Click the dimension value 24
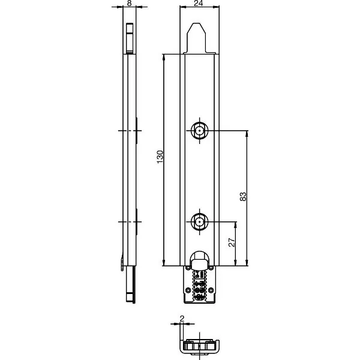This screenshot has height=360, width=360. pos(199,3)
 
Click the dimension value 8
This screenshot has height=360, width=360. pos(129,3)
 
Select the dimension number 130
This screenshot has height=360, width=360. pos(160,157)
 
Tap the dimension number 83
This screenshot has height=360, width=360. pos(243,197)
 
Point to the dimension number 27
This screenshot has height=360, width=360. pos(232,242)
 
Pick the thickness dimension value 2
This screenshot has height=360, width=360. pos(182,319)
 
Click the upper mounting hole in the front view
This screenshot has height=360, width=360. pos(200,131)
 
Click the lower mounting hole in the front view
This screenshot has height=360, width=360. pos(200,222)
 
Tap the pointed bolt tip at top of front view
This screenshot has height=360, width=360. pos(197,38)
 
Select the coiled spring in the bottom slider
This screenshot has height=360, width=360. pos(200,285)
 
